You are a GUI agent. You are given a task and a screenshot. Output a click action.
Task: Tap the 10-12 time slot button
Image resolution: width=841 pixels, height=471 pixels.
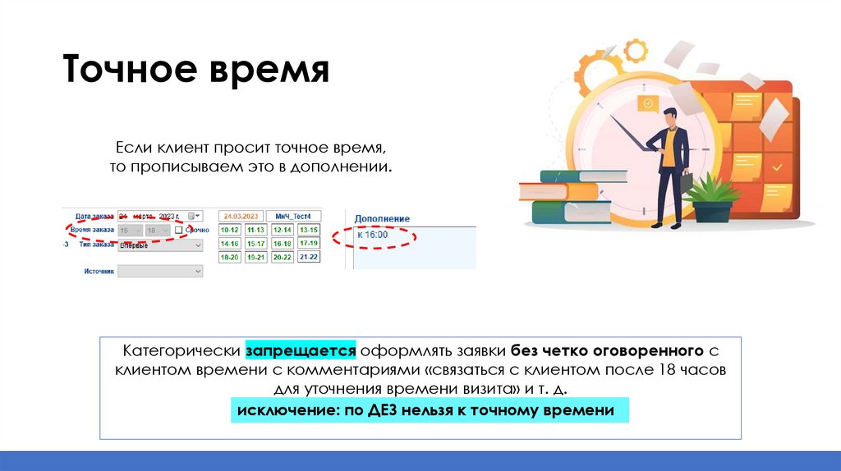tap(229, 231)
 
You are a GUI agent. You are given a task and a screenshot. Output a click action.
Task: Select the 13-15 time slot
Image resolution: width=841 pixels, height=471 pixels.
tap(309, 231)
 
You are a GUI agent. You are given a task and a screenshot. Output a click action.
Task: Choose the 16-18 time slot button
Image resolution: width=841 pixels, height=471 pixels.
tap(283, 244)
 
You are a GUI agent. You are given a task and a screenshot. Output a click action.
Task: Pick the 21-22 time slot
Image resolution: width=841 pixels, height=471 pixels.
tap(309, 257)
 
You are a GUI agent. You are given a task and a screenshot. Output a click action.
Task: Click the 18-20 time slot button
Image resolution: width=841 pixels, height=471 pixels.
tap(229, 257)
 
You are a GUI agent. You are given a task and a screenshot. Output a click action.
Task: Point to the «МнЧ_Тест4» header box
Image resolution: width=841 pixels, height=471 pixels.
tap(296, 216)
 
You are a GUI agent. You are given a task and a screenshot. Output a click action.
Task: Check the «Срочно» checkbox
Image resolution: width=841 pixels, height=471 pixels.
tap(178, 231)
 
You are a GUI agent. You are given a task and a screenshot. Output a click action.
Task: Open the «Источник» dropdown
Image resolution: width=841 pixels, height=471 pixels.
tap(160, 271)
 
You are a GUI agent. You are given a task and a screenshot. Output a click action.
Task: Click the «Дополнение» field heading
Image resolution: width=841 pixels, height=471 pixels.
tap(382, 219)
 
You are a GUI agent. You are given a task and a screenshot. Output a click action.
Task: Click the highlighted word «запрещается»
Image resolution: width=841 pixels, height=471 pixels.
tap(299, 350)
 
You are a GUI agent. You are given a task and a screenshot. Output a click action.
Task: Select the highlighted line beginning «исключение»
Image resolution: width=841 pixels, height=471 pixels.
tap(426, 409)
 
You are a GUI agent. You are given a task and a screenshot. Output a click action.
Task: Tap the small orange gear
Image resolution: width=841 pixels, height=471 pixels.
tap(636, 51)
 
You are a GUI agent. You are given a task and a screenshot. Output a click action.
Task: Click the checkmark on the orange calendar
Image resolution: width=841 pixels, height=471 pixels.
tap(777, 167)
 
